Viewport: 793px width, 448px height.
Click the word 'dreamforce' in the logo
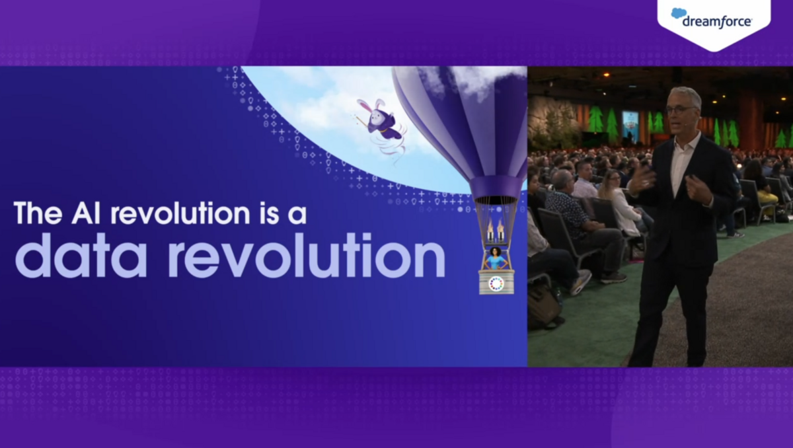717,22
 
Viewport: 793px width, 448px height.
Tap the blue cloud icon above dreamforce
679,13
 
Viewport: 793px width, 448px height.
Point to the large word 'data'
81,256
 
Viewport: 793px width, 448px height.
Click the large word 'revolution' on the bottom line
307,256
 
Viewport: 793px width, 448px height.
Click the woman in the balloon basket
496,258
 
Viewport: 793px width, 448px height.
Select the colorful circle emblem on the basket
496,283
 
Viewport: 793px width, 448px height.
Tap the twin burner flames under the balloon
496,227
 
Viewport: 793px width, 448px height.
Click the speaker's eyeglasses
679,110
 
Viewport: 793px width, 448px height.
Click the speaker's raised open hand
642,180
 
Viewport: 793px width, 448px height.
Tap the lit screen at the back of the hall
630,123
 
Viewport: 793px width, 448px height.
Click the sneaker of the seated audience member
582,282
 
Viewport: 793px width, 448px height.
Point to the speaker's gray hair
685,96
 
